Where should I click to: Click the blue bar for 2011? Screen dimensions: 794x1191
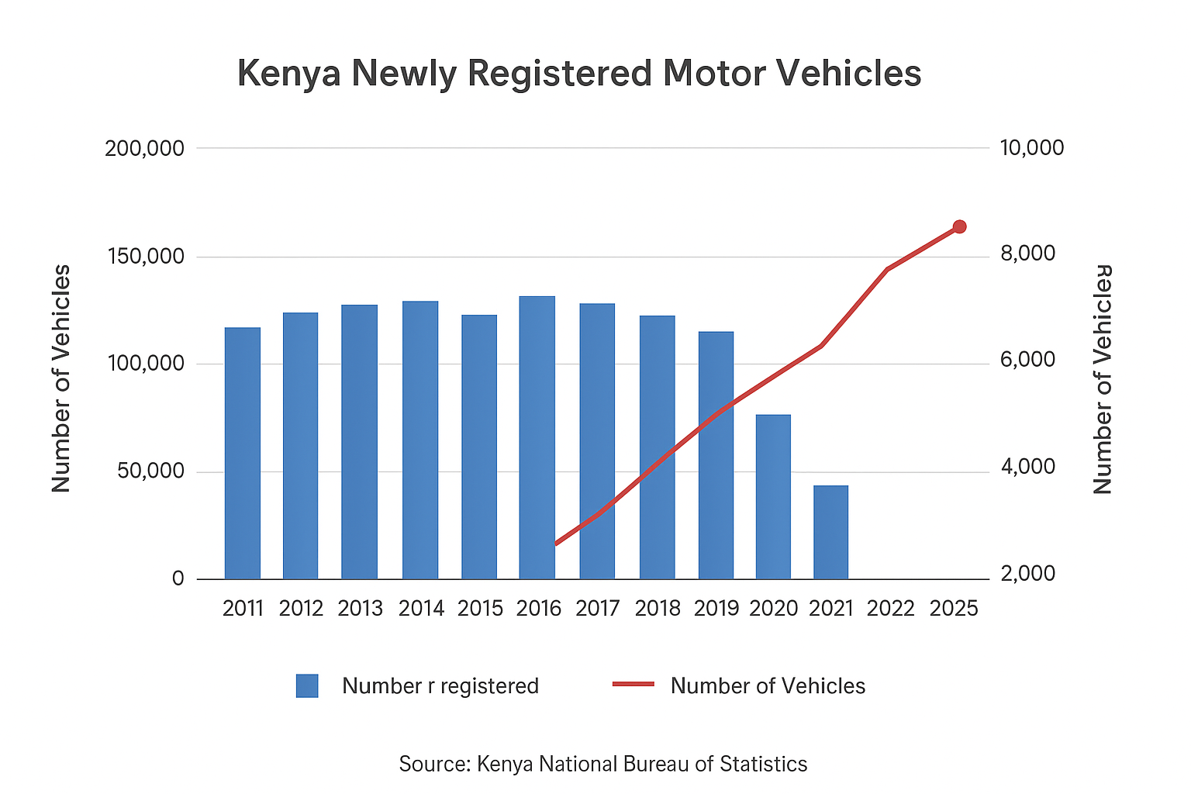pyautogui.click(x=243, y=453)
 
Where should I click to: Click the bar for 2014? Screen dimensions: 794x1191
pyautogui.click(x=420, y=440)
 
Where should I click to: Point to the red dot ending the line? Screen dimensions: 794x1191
pyautogui.click(x=959, y=226)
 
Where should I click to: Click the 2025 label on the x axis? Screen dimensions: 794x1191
pyautogui.click(x=954, y=609)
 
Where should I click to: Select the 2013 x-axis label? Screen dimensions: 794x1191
pyautogui.click(x=360, y=609)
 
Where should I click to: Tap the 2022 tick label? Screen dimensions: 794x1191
pyautogui.click(x=891, y=609)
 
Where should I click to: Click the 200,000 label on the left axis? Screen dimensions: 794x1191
pyautogui.click(x=145, y=148)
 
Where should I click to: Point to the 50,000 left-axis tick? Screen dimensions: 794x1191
pyautogui.click(x=151, y=471)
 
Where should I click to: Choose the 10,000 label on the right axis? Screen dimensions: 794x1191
pyautogui.click(x=1032, y=148)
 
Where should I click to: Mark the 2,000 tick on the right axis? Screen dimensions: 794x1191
pyautogui.click(x=1028, y=574)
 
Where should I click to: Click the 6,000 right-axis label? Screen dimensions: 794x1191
pyautogui.click(x=1028, y=361)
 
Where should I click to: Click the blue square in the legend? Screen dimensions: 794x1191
pyautogui.click(x=307, y=686)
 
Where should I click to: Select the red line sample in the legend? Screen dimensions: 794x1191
pyautogui.click(x=633, y=685)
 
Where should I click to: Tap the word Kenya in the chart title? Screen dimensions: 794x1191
pyautogui.click(x=288, y=74)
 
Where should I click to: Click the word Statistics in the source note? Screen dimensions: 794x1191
pyautogui.click(x=763, y=765)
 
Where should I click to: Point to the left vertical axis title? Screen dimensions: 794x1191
pyautogui.click(x=61, y=378)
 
